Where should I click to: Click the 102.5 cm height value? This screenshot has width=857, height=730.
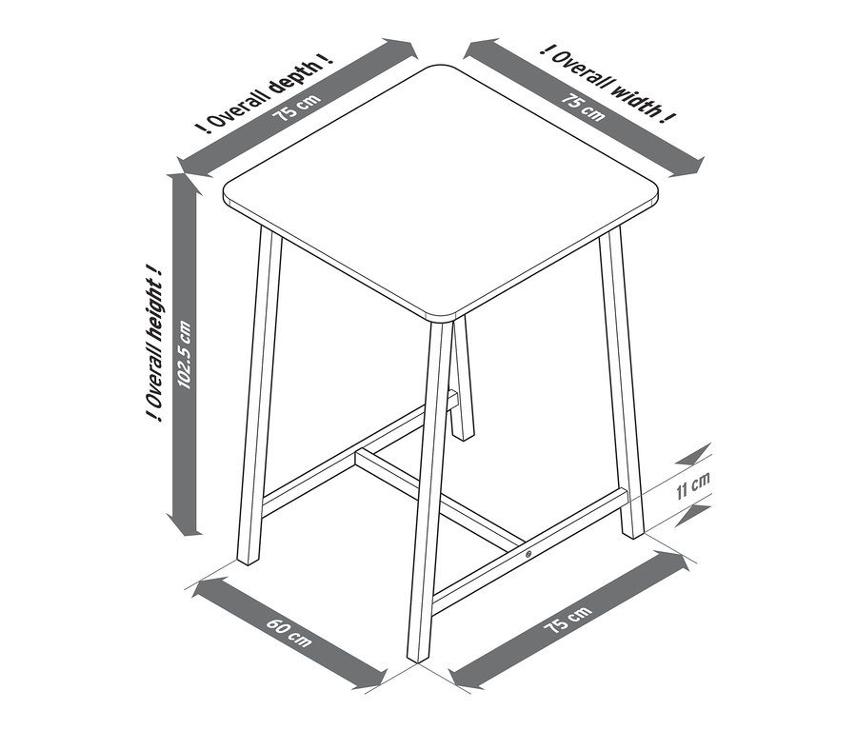pos(184,355)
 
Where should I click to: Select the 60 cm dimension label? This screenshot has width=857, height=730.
pos(289,631)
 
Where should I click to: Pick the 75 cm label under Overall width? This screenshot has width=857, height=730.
pos(583,108)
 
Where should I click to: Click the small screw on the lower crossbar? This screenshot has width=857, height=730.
pos(528,554)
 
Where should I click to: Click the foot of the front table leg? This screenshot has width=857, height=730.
pos(418,661)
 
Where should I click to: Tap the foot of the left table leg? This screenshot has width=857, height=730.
pos(249,562)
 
